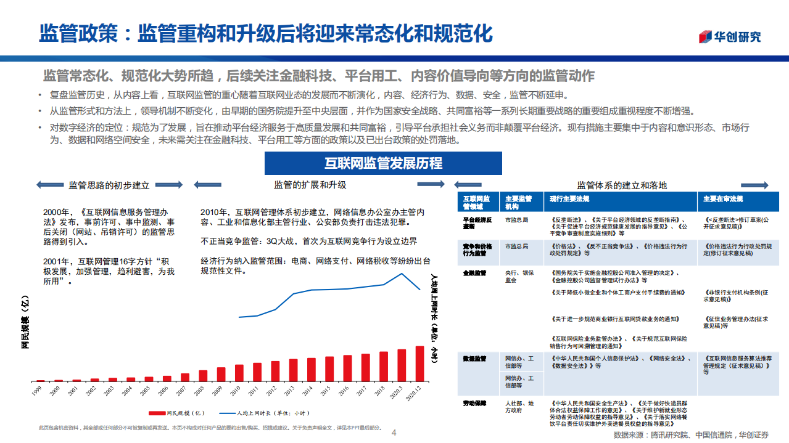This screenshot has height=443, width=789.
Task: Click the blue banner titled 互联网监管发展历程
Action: click(383, 163)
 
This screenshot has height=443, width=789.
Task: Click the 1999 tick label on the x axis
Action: click(38, 391)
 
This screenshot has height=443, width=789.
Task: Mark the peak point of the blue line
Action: click(402, 273)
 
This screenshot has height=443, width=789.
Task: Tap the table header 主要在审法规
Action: click(723, 199)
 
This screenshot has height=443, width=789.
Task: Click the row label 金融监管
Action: click(474, 272)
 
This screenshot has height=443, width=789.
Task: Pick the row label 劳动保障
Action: click(474, 404)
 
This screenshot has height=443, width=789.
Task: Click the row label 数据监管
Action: click(474, 358)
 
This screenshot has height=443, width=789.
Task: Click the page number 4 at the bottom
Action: click(394, 433)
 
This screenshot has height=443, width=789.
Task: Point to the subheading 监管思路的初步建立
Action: click(109, 185)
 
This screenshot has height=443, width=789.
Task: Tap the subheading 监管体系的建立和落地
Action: click(622, 185)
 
